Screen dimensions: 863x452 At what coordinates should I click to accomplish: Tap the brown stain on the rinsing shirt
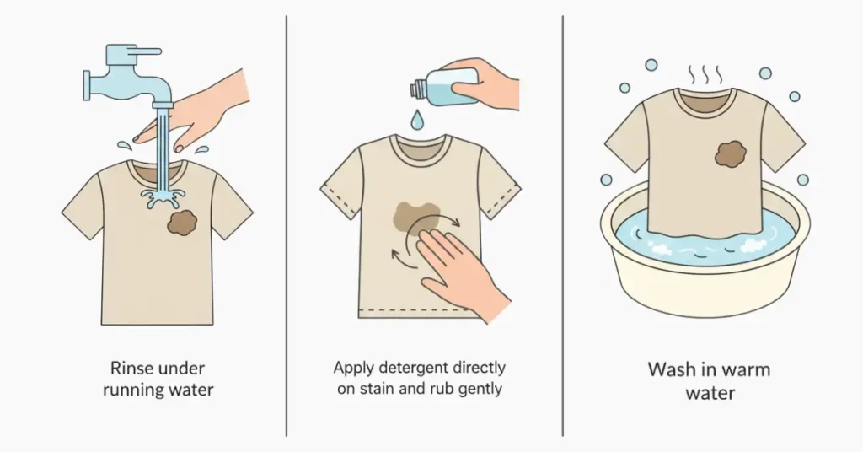pos(182,223)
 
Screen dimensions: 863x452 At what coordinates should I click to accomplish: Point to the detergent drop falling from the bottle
pos(418,120)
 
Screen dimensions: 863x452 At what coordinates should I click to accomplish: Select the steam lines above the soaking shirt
pos(705,74)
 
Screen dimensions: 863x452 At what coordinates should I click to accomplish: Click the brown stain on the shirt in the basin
pos(731,153)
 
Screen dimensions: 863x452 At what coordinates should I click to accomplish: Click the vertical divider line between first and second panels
pos(287,226)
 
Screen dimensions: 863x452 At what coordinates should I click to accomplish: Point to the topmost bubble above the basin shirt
pos(651,65)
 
